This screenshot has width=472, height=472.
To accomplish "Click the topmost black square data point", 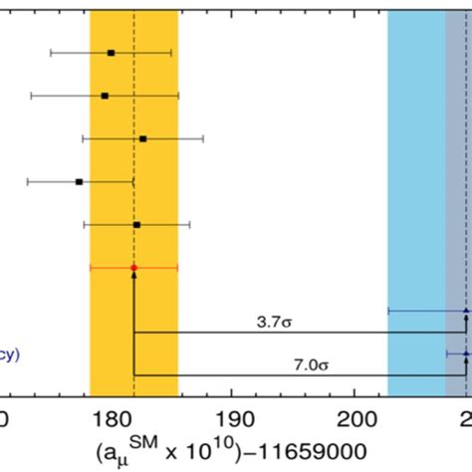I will pyautogui.click(x=111, y=52).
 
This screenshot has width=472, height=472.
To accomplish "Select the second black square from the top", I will pyautogui.click(x=105, y=96).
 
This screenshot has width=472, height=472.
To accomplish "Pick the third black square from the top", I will pyautogui.click(x=142, y=138).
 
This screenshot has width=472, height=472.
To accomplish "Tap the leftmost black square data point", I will pyautogui.click(x=79, y=182).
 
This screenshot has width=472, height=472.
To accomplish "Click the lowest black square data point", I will pyautogui.click(x=136, y=225).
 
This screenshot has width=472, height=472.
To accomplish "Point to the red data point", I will pyautogui.click(x=133, y=268).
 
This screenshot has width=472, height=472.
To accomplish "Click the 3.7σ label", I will pyautogui.click(x=271, y=322).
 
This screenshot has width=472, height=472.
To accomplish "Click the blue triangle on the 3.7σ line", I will pyautogui.click(x=466, y=311).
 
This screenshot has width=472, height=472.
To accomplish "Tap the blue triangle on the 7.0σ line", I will pyautogui.click(x=466, y=354).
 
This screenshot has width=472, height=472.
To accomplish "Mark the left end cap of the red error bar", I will pyautogui.click(x=90, y=268).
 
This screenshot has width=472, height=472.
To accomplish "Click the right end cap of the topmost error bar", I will pyautogui.click(x=171, y=52).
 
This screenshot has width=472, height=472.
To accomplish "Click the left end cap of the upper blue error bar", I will pyautogui.click(x=387, y=311).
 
